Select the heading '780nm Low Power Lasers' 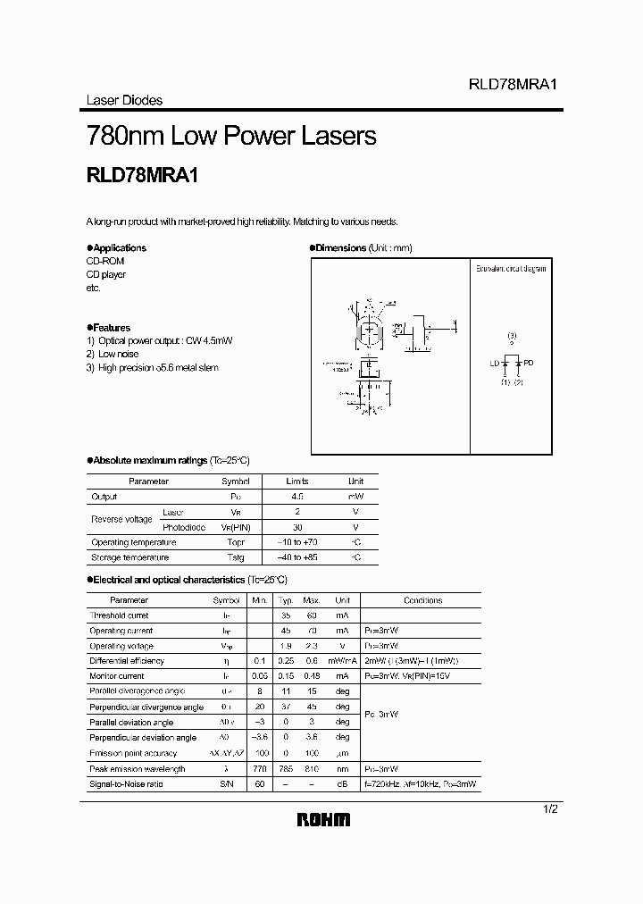[x=231, y=137]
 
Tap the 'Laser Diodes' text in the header [x=124, y=100]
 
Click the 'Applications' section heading [x=119, y=247]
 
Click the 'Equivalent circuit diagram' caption [x=510, y=269]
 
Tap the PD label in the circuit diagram [x=528, y=363]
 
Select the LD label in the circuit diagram [x=495, y=363]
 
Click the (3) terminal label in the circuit [x=512, y=336]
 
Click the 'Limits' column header [x=296, y=481]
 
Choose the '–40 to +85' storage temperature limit [x=296, y=557]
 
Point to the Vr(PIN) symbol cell [x=235, y=527]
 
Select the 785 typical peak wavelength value [x=286, y=768]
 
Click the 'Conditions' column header [x=422, y=600]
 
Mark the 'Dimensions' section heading [x=341, y=247]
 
